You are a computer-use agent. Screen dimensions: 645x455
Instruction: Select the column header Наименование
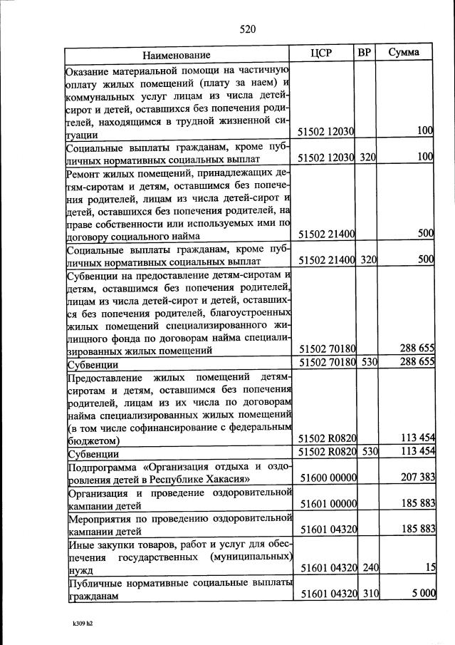pos(176,55)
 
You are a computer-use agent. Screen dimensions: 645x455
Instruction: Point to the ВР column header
pos(366,53)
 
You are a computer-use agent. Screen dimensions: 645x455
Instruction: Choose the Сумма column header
pos(403,53)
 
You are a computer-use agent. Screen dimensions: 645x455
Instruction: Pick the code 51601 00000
pos(328,504)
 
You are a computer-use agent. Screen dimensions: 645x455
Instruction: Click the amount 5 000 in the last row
pos(421,594)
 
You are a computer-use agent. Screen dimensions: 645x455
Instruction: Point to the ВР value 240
pos(367,567)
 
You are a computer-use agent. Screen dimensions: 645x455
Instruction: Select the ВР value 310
pos(367,594)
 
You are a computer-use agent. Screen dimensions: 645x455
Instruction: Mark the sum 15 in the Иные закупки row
pos(429,567)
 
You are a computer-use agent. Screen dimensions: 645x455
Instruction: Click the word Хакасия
pos(227,478)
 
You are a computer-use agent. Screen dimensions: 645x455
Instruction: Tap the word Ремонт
pos(85,172)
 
